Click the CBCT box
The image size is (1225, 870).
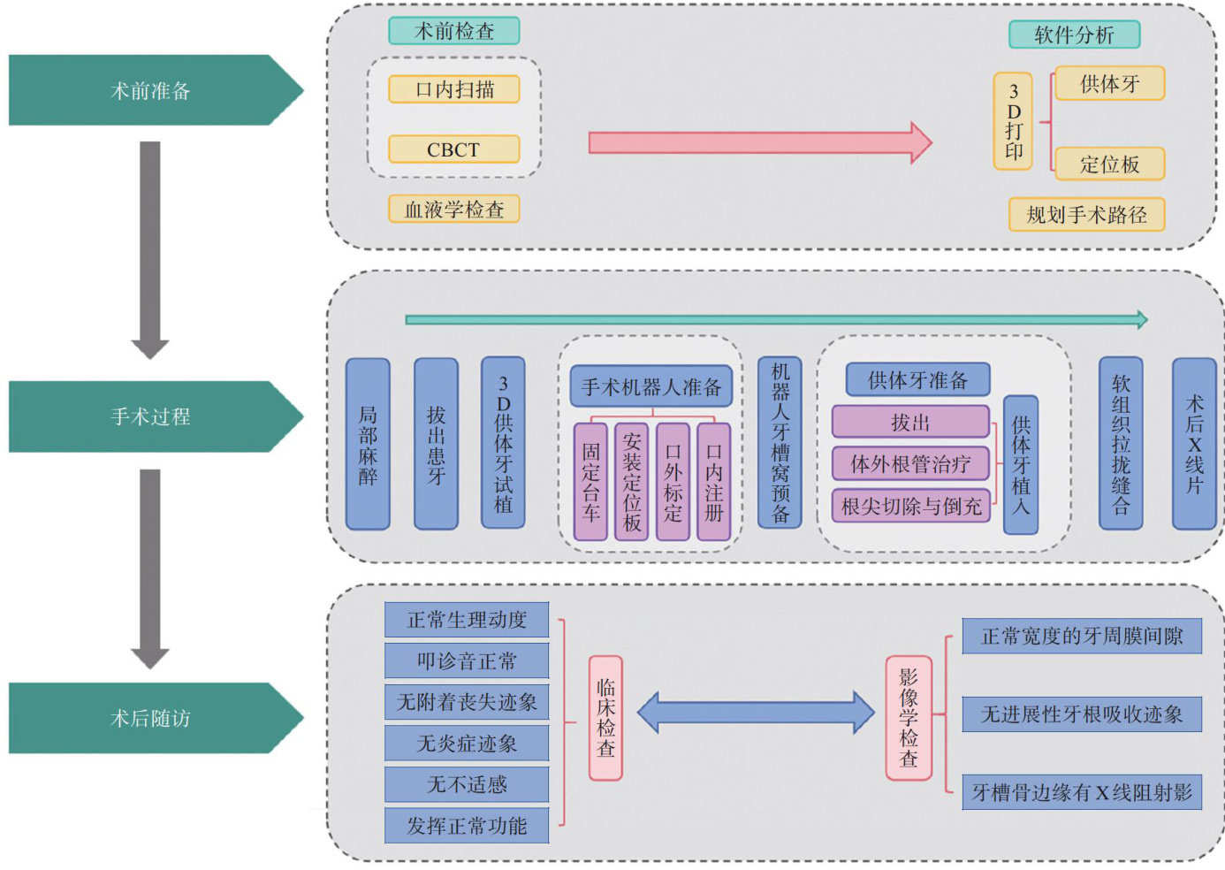coord(453,149)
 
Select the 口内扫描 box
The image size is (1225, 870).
coord(453,89)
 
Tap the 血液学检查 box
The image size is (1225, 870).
coord(453,210)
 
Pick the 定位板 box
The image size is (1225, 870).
coord(1109,164)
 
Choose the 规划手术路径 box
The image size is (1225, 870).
coord(1086,215)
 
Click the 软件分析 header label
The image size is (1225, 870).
coord(1074,34)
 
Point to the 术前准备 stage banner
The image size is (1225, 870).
coord(150,90)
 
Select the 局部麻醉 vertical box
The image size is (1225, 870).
coord(368,444)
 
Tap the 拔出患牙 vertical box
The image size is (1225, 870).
coord(436,444)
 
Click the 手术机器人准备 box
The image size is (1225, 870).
coord(651,386)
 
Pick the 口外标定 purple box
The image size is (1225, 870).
coord(673,482)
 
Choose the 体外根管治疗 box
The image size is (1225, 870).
coord(910,463)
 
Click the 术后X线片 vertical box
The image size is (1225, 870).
coord(1194,444)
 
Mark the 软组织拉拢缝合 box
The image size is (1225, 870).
coord(1121,444)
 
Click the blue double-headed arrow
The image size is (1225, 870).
coord(756,713)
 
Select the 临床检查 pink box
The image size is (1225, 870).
coord(605,718)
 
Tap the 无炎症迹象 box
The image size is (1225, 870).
coord(467,744)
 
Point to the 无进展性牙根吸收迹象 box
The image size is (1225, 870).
coord(1082,714)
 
